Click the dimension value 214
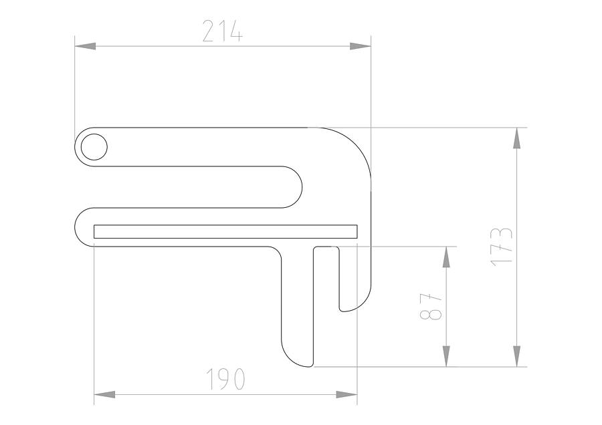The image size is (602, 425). coord(222,32)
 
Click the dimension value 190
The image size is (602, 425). coord(225,380)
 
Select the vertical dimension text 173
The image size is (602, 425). coord(502,247)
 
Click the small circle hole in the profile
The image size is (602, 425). coord(94,146)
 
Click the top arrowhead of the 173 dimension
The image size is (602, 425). coord(516,138)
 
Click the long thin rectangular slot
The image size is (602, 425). coord(225,231)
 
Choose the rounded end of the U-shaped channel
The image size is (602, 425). coord(297,187)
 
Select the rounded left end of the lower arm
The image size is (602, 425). coord(80,227)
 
